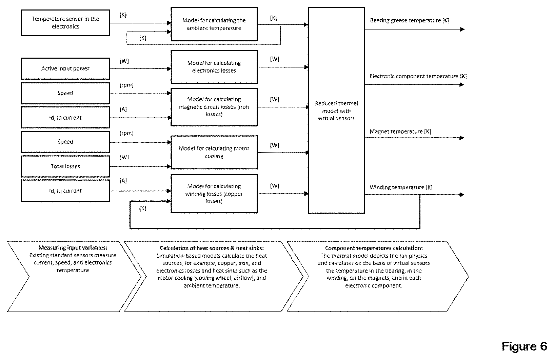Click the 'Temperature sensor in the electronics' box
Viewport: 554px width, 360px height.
[x=65, y=23]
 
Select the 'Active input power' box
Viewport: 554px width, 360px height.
[x=65, y=68]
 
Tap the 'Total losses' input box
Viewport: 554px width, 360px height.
[x=65, y=166]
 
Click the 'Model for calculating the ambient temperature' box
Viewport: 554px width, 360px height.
[x=214, y=24]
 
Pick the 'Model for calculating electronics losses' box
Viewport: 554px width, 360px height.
[x=214, y=67]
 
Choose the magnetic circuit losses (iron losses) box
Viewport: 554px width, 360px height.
[x=214, y=107]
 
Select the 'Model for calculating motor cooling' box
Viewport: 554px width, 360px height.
[x=214, y=152]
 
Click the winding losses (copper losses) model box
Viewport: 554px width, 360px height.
[x=214, y=194]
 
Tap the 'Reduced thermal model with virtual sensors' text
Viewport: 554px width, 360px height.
[x=336, y=111]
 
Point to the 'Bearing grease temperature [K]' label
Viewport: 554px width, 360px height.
[x=410, y=20]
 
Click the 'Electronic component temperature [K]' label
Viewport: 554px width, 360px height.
[x=418, y=76]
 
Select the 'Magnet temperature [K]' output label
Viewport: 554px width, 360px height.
[x=400, y=131]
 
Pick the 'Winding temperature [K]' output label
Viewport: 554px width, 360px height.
[x=401, y=187]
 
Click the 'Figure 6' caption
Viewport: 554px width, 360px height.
[x=525, y=346]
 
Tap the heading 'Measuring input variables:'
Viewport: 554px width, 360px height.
[x=73, y=247]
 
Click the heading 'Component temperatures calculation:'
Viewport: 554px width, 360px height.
[x=374, y=248]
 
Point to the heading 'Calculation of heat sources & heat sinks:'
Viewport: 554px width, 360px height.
[x=212, y=248]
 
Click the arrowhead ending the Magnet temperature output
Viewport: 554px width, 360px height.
[x=462, y=138]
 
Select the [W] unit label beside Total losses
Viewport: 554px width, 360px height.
[x=124, y=157]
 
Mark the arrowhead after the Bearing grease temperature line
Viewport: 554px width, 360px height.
[x=462, y=29]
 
